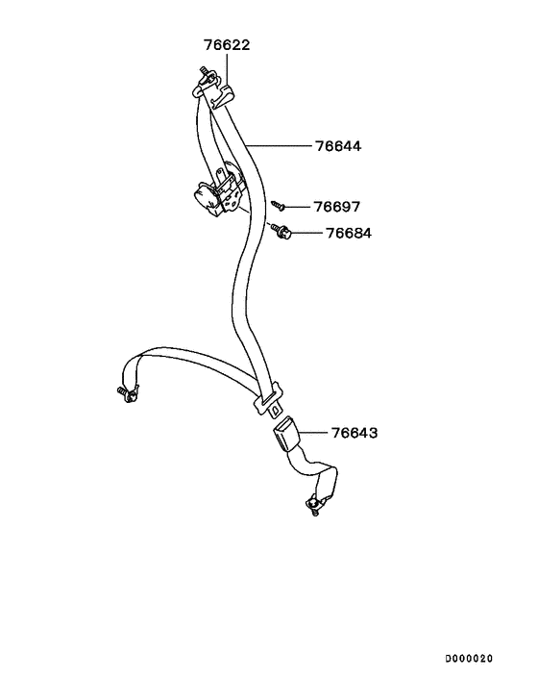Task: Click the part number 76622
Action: (x=227, y=45)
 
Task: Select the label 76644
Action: (x=338, y=146)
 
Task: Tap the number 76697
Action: (x=337, y=207)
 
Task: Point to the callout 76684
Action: (x=349, y=233)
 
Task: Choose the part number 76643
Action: (x=355, y=433)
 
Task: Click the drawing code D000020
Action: (x=469, y=659)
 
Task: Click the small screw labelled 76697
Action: (x=278, y=205)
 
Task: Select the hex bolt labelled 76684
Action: (x=281, y=231)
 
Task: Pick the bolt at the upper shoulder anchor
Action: (x=206, y=74)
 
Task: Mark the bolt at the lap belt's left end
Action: (x=128, y=393)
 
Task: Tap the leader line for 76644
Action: (x=279, y=146)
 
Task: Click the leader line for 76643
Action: (x=313, y=433)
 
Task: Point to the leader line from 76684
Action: (x=306, y=233)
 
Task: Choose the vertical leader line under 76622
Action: (x=227, y=68)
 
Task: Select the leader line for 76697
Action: (x=298, y=207)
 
